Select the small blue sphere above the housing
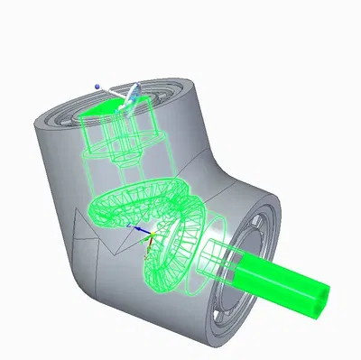click(x=97, y=87)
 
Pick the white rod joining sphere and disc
click(x=112, y=93)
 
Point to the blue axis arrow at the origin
click(x=141, y=228)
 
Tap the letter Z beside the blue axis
click(x=130, y=222)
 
